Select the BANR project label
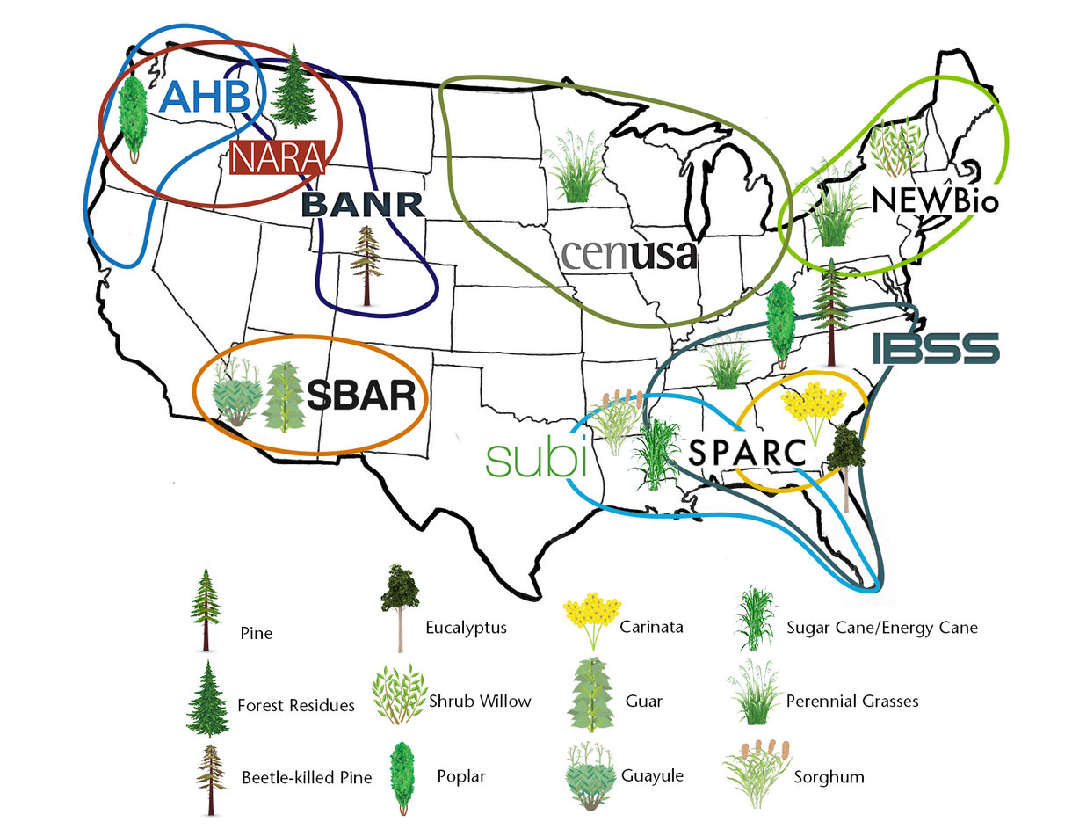pos(362,206)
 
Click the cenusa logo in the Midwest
pos(628,254)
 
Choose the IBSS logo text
pos(936,348)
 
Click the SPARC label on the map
pos(747,453)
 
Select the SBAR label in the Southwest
pos(360,396)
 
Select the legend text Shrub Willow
pos(479,701)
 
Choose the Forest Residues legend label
pos(295,705)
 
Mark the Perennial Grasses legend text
pos(851,701)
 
